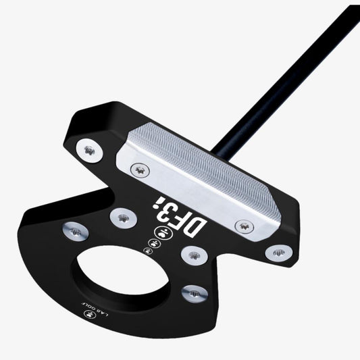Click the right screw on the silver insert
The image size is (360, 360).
[240, 226]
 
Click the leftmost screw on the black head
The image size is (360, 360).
[75, 232]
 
